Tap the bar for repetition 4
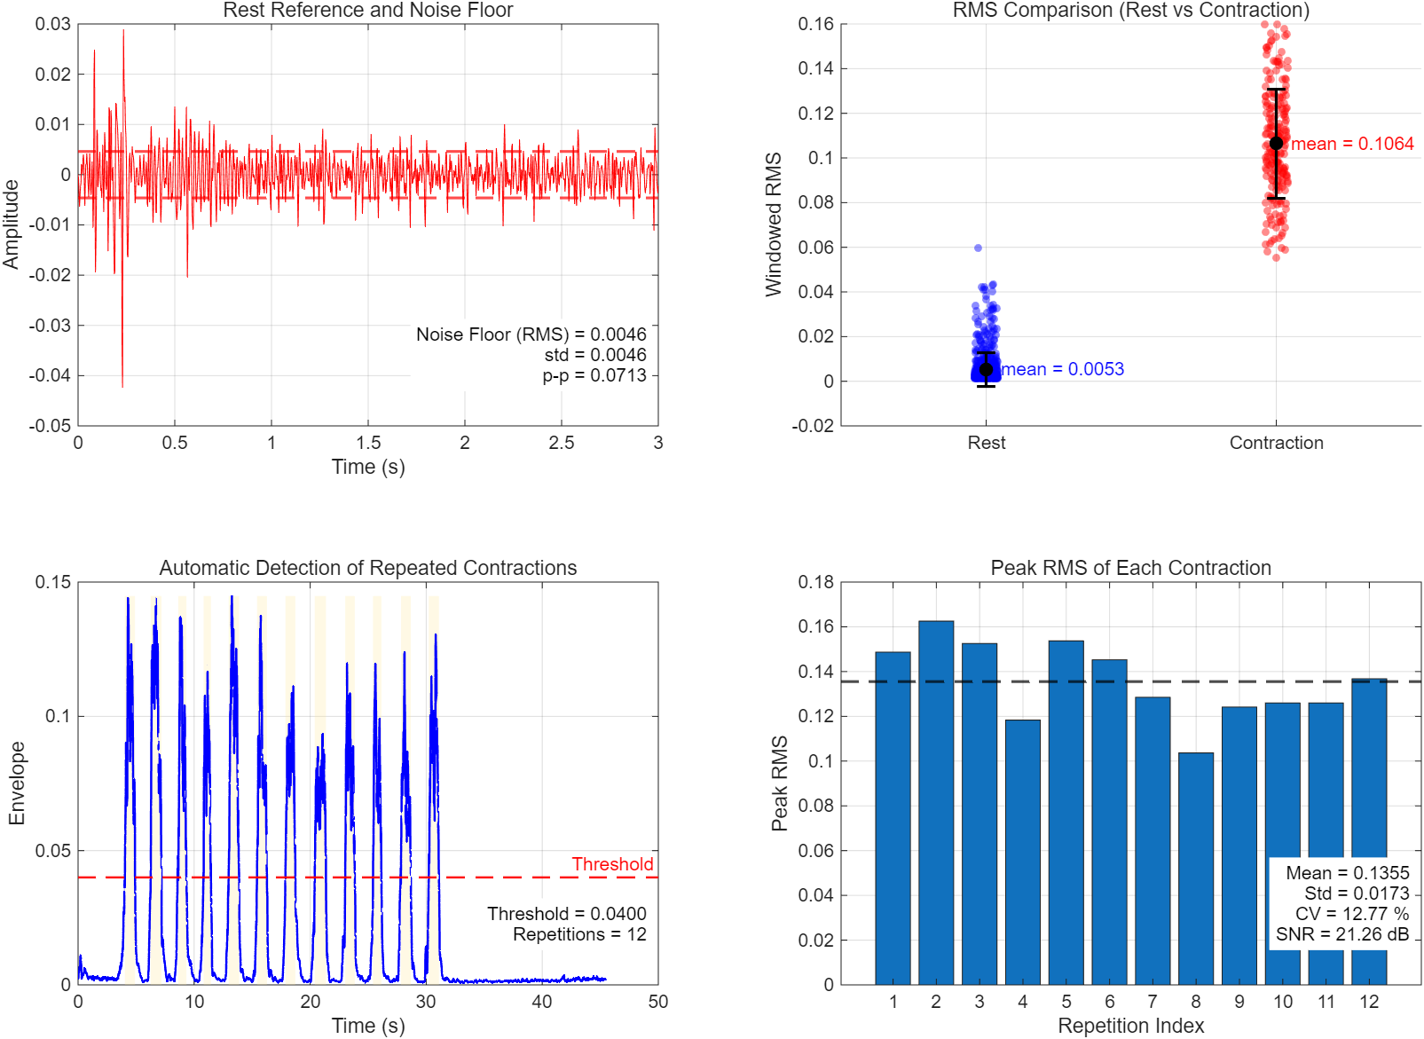[x=1022, y=852]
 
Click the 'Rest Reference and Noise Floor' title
[x=367, y=11]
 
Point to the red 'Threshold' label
[x=612, y=864]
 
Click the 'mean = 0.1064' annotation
[x=1351, y=144]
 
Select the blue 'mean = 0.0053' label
[x=1063, y=369]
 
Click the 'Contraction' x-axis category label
[x=1276, y=443]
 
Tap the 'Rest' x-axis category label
[x=986, y=443]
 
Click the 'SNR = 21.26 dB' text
[x=1342, y=934]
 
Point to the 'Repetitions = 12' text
[x=579, y=934]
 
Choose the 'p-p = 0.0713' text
[x=594, y=375]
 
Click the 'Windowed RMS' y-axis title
[x=774, y=224]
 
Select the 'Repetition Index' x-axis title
[x=1130, y=1026]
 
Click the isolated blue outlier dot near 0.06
[x=978, y=248]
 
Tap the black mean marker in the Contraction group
[x=1276, y=143]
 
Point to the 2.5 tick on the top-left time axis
[x=561, y=443]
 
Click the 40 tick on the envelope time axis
[x=542, y=1002]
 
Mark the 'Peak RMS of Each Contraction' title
[x=1130, y=568]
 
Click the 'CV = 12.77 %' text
[x=1351, y=914]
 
